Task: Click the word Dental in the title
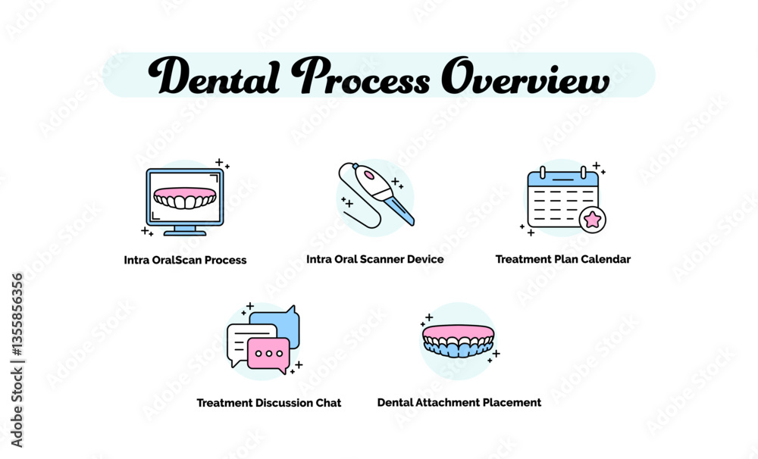pyautogui.click(x=215, y=76)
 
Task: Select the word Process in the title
pyautogui.click(x=360, y=76)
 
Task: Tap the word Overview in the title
pyautogui.click(x=525, y=76)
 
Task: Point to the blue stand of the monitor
pyautogui.click(x=185, y=230)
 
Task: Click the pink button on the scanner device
pyautogui.click(x=368, y=173)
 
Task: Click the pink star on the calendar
pyautogui.click(x=592, y=220)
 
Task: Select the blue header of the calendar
pyautogui.click(x=562, y=178)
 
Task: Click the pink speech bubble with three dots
pyautogui.click(x=268, y=354)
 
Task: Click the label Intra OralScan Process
pyautogui.click(x=185, y=260)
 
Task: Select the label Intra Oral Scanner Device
pyautogui.click(x=375, y=259)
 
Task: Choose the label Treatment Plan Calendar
pyautogui.click(x=563, y=259)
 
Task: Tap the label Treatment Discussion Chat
pyautogui.click(x=269, y=402)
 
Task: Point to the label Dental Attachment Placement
pyautogui.click(x=459, y=402)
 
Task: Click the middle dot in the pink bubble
pyautogui.click(x=269, y=353)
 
